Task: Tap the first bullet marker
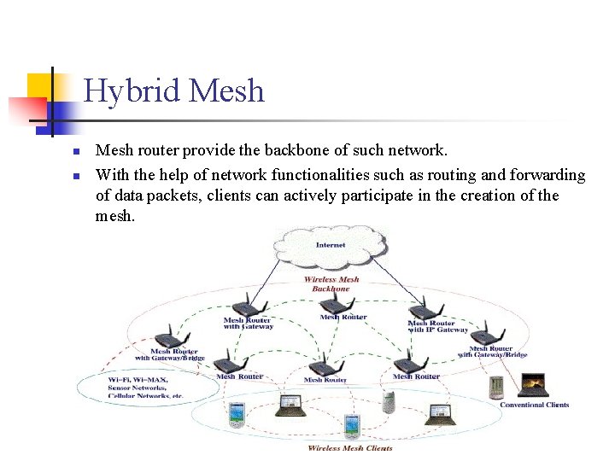(75, 152)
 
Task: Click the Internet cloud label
(331, 245)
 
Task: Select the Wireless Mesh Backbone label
(331, 283)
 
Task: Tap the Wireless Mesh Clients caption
(350, 448)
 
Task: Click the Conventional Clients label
(534, 405)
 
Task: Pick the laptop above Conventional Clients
(533, 386)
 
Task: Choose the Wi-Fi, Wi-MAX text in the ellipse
(138, 380)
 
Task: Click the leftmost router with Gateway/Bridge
(167, 334)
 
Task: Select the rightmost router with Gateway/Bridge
(488, 332)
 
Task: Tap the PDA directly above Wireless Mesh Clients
(350, 425)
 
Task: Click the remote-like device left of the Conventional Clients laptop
(496, 388)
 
